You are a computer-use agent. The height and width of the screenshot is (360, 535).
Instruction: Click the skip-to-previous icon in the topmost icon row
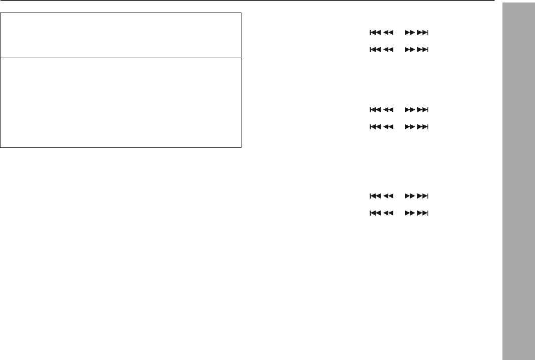click(375, 33)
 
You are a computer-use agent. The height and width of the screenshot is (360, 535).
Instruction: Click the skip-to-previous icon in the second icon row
click(375, 50)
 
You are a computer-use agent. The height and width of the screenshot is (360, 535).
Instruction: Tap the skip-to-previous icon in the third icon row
click(375, 109)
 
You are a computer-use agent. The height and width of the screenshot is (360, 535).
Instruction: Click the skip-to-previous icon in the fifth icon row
click(375, 196)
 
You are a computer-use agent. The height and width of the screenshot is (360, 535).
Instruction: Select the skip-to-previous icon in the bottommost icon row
click(375, 213)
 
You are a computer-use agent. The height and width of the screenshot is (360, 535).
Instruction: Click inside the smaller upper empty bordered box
click(121, 35)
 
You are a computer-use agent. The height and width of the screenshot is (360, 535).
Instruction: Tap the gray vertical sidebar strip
click(518, 181)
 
